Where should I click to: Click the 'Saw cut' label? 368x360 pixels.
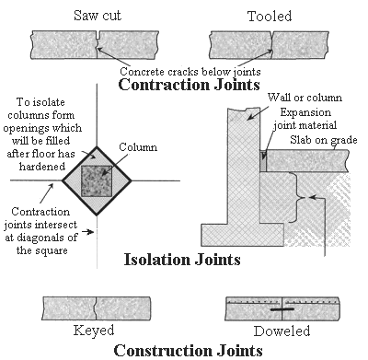point(98,16)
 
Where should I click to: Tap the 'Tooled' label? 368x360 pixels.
point(270,16)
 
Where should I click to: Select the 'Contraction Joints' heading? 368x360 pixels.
point(190,85)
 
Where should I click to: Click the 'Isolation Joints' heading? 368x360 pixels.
point(182,260)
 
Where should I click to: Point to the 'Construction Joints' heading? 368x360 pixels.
point(189,350)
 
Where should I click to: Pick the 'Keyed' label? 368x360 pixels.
point(94,331)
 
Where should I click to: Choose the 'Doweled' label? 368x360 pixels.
point(282,331)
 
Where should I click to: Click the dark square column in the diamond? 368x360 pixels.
point(97,180)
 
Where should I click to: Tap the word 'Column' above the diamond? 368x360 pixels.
point(138,147)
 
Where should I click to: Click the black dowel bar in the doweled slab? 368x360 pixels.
point(282,309)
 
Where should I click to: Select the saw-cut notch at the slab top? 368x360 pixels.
point(98,35)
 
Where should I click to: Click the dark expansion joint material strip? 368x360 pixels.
point(263,161)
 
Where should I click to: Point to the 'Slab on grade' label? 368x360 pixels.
point(324,140)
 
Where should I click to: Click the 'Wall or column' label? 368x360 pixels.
point(305,98)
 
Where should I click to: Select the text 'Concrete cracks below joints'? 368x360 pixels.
point(190,72)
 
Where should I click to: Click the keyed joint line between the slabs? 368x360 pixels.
point(97,308)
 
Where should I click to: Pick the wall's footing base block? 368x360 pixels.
point(243,235)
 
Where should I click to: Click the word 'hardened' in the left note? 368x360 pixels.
point(42,167)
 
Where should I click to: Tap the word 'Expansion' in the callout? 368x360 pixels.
point(305,112)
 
